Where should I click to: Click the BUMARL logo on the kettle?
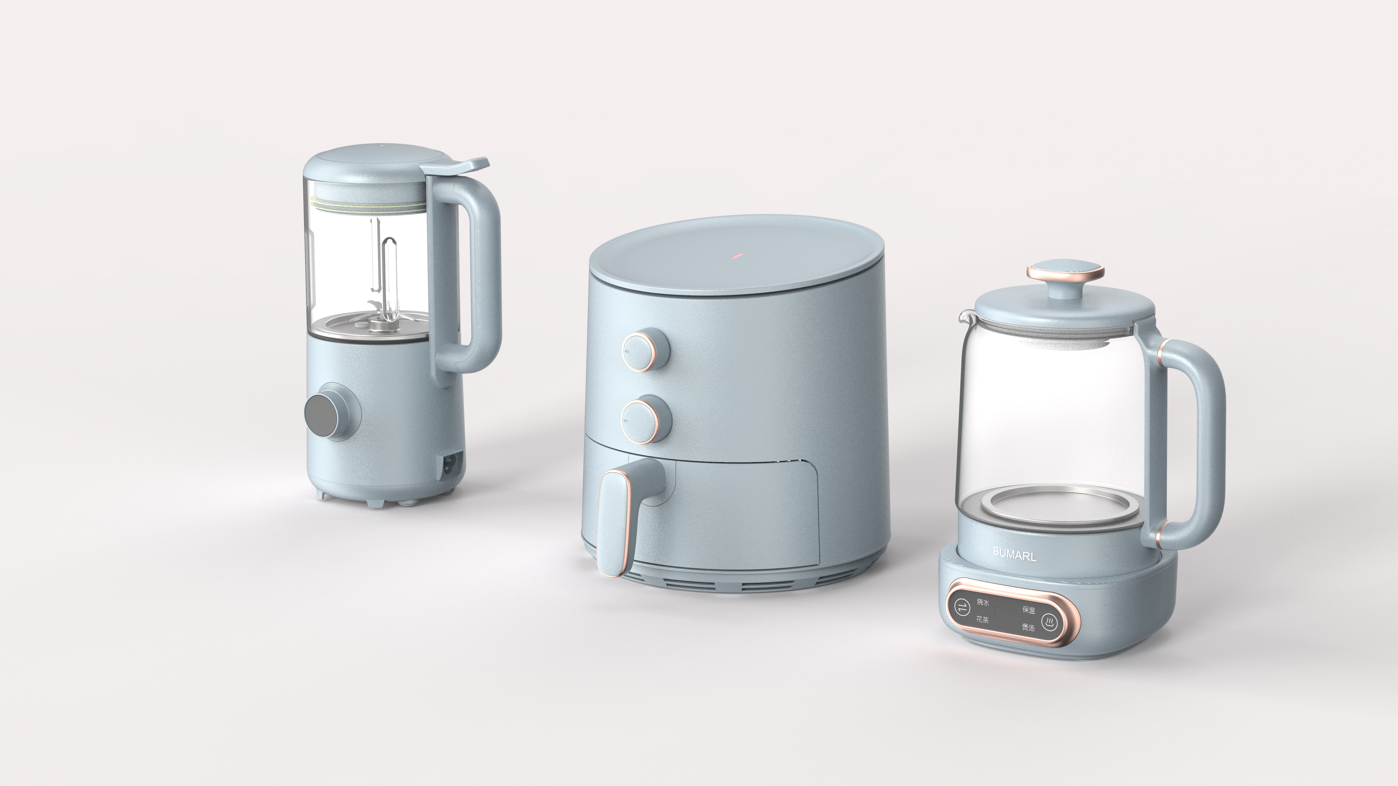coord(1014,554)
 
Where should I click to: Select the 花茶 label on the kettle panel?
coord(982,619)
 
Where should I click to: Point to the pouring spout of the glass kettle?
coord(964,315)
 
